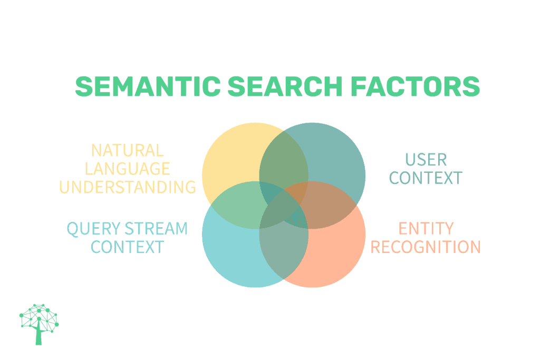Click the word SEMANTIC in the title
(x=148, y=86)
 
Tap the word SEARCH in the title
(x=285, y=86)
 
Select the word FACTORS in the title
(x=416, y=86)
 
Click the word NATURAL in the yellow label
(x=128, y=150)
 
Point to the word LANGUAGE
(x=128, y=169)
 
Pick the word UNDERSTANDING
(x=128, y=187)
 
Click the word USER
(x=426, y=160)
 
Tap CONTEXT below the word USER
(x=426, y=178)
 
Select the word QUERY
(x=93, y=229)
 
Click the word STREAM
(x=156, y=229)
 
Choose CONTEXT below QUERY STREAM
(x=128, y=247)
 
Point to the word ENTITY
(x=426, y=229)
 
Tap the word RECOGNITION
(x=426, y=247)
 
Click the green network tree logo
(x=39, y=324)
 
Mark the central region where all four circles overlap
(x=284, y=205)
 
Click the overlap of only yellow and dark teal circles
(x=284, y=158)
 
